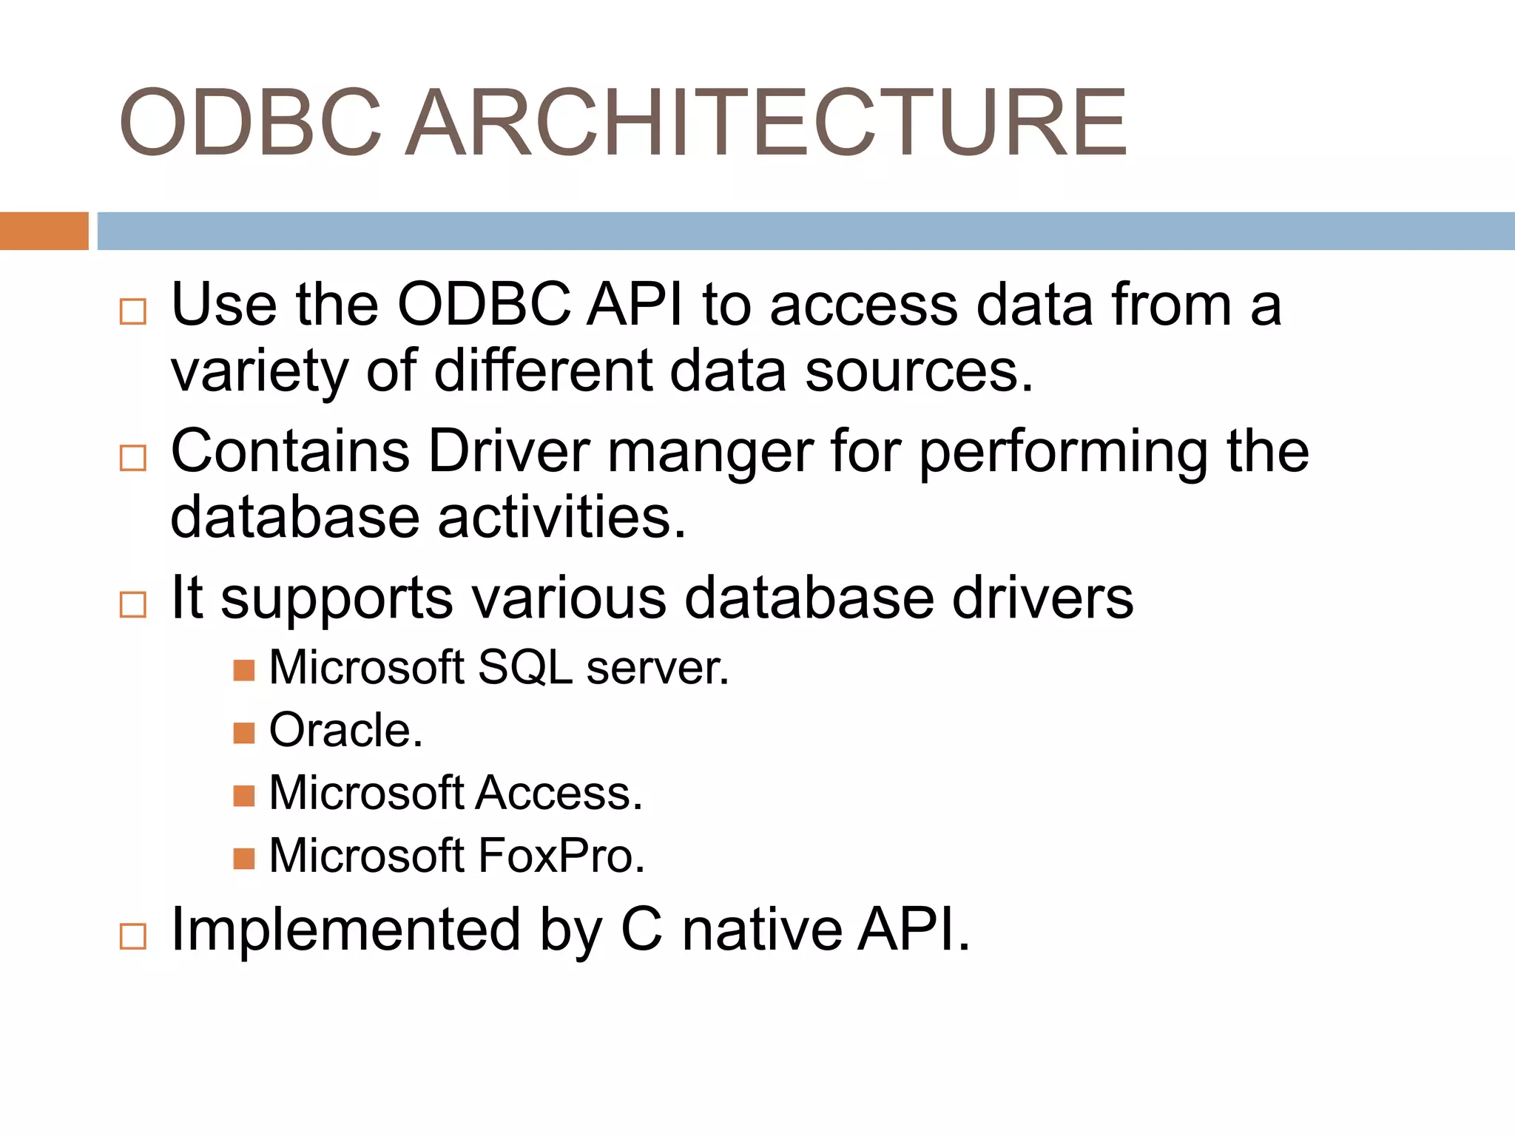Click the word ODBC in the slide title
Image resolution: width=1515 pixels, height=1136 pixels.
pos(250,124)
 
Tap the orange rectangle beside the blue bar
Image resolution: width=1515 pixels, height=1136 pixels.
pos(44,231)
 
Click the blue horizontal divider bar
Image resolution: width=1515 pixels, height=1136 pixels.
pos(805,231)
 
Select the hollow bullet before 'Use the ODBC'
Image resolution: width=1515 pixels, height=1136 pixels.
pos(133,311)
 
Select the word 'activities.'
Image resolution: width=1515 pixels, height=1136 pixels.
pos(561,517)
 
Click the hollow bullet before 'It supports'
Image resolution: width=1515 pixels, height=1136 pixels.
pos(133,604)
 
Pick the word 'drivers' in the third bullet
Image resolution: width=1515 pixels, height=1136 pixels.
pos(1042,598)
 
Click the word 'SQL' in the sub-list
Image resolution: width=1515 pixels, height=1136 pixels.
pos(525,668)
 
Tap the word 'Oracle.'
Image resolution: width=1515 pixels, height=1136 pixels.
pos(345,731)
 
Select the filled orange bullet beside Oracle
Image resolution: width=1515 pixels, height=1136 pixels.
pos(243,733)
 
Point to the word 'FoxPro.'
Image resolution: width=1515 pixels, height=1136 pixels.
pos(561,856)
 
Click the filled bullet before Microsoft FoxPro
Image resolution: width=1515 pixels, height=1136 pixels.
pos(243,859)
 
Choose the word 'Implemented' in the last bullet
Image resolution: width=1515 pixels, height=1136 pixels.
pos(345,930)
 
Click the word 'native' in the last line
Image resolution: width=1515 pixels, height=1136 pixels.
pos(761,930)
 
